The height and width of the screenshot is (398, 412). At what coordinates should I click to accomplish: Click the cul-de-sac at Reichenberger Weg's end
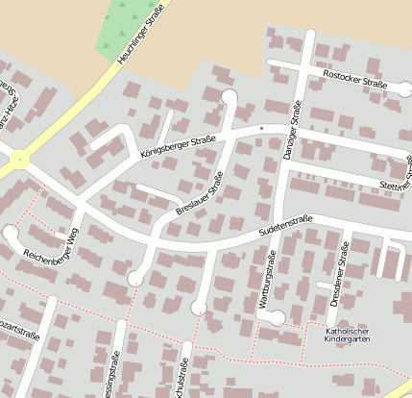pyautogui.click(x=11, y=233)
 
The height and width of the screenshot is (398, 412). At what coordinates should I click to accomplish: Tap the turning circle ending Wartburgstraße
pyautogui.click(x=276, y=317)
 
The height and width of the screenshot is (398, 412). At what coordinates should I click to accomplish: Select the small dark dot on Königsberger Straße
pyautogui.click(x=261, y=126)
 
